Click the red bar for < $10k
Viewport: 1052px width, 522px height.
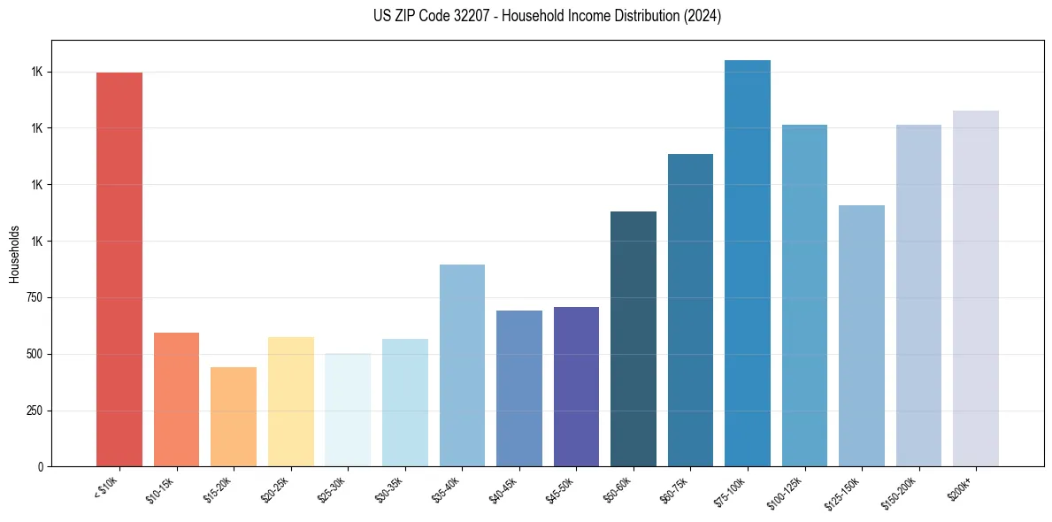click(119, 269)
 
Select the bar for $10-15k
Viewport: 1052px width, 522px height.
click(176, 399)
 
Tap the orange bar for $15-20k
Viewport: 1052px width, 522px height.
click(234, 417)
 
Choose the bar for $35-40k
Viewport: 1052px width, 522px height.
click(462, 365)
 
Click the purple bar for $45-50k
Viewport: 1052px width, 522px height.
click(576, 387)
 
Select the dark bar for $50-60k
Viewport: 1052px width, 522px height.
click(634, 339)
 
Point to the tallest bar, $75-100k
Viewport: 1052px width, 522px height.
click(748, 263)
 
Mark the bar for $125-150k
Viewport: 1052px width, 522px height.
click(862, 335)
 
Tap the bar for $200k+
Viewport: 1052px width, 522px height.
click(976, 288)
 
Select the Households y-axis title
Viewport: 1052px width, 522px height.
click(14, 253)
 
